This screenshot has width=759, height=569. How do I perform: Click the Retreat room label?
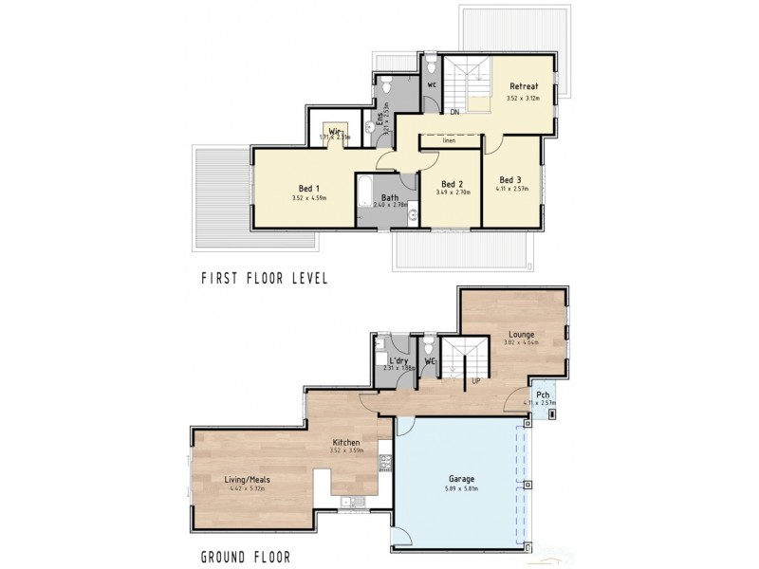[x=523, y=86]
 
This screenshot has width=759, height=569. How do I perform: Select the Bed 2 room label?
[x=452, y=183]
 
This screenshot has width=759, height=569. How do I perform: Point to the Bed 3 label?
[x=509, y=179]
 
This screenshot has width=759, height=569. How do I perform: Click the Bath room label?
[x=378, y=196]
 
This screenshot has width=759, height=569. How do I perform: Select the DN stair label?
[x=455, y=112]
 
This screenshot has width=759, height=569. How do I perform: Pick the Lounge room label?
[x=521, y=333]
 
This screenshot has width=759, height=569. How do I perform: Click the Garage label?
[x=462, y=479]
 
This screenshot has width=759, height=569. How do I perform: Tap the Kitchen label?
[x=345, y=442]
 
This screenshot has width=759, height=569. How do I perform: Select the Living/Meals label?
[x=248, y=480]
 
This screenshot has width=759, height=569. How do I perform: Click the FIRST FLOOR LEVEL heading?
[x=264, y=279]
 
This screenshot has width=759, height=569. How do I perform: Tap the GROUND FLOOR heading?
[x=246, y=557]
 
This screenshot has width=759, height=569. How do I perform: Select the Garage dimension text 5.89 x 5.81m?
[x=462, y=489]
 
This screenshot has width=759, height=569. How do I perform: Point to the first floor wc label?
[x=432, y=83]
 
